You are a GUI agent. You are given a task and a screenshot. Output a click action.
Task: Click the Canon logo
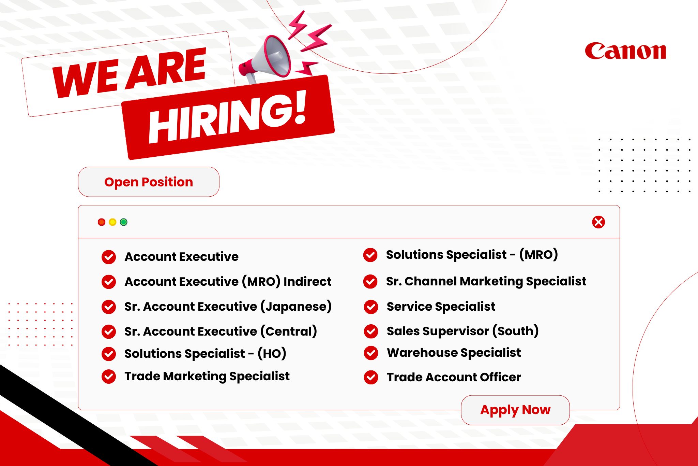(625, 51)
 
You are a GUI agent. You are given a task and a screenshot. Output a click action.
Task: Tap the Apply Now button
(515, 410)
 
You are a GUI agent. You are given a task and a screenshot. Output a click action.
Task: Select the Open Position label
(149, 182)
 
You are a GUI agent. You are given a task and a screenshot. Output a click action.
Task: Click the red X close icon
(598, 222)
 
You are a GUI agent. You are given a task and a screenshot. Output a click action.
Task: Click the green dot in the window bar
(124, 222)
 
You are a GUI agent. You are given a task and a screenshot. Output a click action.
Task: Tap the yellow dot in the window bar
(112, 222)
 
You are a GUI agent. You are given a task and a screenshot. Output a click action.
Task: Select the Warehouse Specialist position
(454, 353)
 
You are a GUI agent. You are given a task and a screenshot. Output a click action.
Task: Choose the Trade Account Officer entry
(454, 377)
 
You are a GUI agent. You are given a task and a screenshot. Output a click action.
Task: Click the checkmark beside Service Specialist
(371, 307)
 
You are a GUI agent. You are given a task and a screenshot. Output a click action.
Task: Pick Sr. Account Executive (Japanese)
(228, 307)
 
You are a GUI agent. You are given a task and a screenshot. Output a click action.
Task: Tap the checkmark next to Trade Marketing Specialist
(109, 377)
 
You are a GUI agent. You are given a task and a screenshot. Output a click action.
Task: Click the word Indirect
(307, 282)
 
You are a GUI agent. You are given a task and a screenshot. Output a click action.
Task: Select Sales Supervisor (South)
(462, 331)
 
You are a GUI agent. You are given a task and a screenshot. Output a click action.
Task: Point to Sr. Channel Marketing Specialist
(486, 281)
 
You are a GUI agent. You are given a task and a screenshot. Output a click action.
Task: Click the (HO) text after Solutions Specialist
(272, 353)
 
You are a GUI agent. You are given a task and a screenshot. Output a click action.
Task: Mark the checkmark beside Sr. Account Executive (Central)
(109, 331)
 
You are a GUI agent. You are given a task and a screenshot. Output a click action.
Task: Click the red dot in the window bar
(102, 222)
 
